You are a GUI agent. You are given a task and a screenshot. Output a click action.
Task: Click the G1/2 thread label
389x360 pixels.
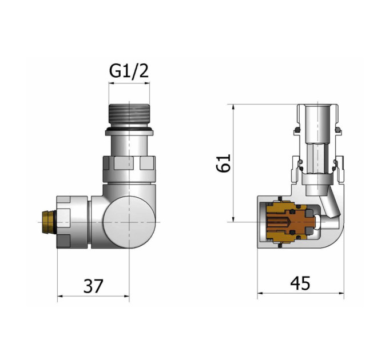click(129, 71)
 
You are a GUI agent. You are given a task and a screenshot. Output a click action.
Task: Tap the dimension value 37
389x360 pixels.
click(93, 286)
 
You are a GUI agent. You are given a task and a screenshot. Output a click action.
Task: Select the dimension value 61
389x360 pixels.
click(224, 163)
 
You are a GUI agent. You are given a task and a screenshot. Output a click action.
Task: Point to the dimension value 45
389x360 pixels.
click(300, 283)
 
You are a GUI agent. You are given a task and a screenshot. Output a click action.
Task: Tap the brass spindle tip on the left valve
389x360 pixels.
click(48, 222)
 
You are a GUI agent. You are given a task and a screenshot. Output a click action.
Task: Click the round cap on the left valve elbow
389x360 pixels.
click(129, 222)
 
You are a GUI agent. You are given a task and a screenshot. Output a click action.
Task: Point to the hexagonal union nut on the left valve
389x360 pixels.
click(129, 170)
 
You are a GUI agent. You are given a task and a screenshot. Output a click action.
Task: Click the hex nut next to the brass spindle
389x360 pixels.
click(72, 222)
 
